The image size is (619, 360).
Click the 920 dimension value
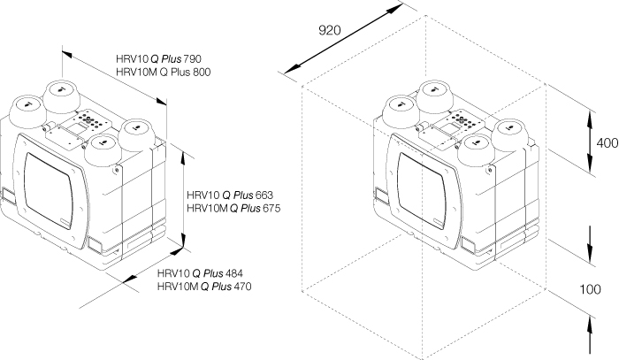(329, 30)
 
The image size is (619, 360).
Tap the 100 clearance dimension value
(592, 289)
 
